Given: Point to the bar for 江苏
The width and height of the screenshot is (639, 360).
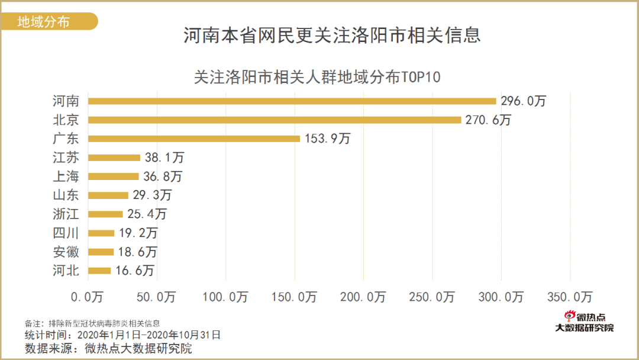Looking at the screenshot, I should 114,157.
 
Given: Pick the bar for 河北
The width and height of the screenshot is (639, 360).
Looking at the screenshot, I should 99,271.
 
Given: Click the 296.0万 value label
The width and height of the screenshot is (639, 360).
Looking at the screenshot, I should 523,101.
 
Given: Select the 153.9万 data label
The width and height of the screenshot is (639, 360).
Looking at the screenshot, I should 328,139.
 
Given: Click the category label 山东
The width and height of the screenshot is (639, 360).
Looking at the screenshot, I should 66,195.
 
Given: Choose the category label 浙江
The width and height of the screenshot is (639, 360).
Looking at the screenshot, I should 66,214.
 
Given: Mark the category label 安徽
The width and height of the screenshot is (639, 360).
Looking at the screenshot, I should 66,252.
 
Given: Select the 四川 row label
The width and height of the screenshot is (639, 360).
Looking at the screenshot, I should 66,233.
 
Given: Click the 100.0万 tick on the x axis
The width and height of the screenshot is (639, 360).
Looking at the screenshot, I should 226,296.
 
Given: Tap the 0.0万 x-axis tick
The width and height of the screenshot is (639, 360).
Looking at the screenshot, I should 88,296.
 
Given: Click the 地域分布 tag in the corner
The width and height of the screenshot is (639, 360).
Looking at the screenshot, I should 44,22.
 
